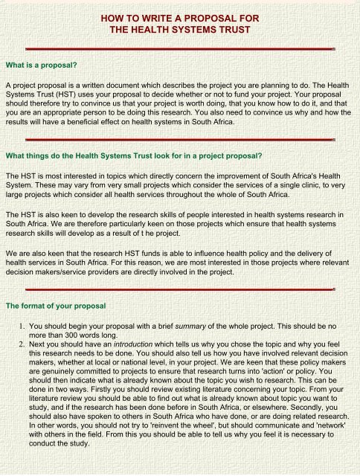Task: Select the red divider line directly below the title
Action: coord(179,48)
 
